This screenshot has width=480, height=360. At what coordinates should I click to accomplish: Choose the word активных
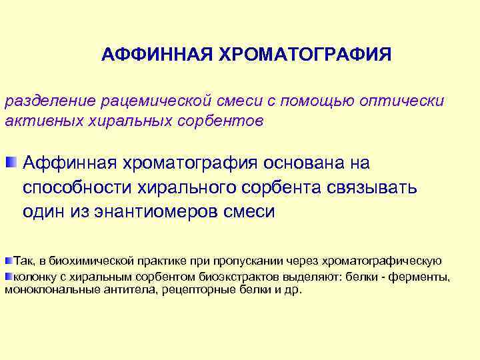[x=37, y=121]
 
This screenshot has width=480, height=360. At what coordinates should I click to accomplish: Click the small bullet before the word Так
[x=9, y=259]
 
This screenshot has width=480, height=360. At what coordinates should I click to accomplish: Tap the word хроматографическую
[x=379, y=260]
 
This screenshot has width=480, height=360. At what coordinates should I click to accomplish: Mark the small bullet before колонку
[x=9, y=275]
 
